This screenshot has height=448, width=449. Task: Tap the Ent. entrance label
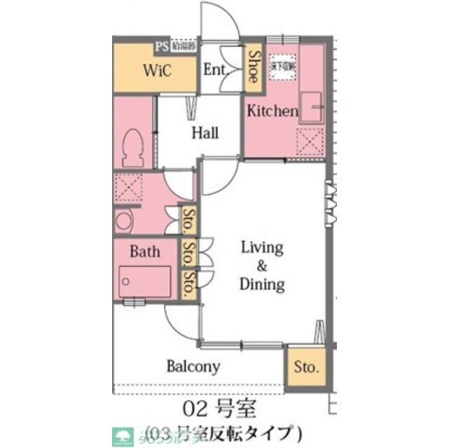[x=214, y=70]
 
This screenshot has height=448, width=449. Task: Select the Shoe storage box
[x=253, y=67]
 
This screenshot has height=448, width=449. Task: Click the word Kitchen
[x=272, y=111]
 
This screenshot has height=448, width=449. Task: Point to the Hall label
[x=205, y=133]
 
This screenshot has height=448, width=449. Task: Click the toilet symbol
[x=132, y=148]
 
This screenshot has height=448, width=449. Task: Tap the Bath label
[x=145, y=251]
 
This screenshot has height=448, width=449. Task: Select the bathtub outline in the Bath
[x=145, y=283]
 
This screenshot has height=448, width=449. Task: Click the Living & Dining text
[x=262, y=266]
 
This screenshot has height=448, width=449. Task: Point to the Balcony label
[x=193, y=366]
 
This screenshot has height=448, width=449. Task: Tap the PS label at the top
[x=163, y=47]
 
